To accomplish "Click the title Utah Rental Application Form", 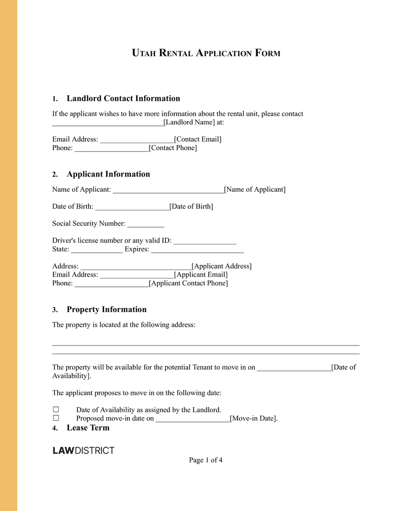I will [x=206, y=53].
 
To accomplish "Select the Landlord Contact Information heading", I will [x=123, y=98].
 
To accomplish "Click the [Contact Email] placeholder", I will [x=197, y=139].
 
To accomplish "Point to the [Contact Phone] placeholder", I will [x=172, y=148].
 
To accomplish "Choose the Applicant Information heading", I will [x=108, y=174].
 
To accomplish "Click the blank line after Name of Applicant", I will [x=168, y=190].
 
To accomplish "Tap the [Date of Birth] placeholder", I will [x=191, y=206].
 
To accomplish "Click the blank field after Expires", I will [x=197, y=249].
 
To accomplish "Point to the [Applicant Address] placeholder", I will [x=221, y=266].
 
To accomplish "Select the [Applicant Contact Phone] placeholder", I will [x=188, y=283].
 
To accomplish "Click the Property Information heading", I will [x=106, y=310].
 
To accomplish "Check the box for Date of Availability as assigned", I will [x=56, y=410].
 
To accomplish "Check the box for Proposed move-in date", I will [x=56, y=418].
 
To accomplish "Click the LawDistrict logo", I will [x=83, y=450].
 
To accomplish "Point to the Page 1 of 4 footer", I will [x=205, y=460].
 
